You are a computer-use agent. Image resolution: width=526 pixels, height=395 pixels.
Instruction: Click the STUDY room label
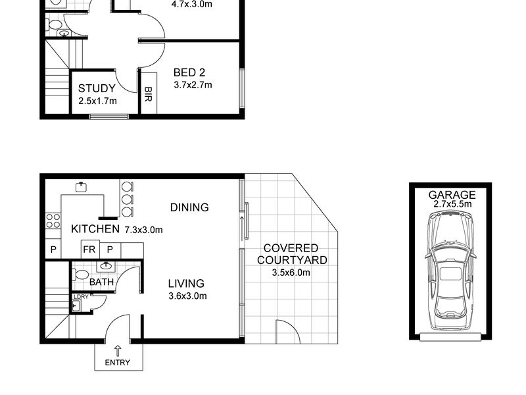(x=97, y=88)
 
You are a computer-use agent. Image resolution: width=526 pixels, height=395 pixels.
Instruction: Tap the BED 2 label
(x=189, y=72)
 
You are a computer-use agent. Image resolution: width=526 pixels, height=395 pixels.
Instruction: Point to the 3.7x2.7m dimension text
(x=193, y=85)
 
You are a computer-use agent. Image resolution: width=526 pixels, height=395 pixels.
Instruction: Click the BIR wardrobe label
(x=149, y=94)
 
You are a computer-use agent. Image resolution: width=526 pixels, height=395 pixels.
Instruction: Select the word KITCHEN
(x=95, y=229)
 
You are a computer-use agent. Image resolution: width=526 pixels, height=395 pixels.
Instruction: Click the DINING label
(x=189, y=207)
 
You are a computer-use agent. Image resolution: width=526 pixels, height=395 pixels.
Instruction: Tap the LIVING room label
(x=186, y=284)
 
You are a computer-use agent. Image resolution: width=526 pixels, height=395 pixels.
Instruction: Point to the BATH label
(x=101, y=282)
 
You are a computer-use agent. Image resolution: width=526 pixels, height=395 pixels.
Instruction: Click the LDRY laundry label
(x=81, y=297)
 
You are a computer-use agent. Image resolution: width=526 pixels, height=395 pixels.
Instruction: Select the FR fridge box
(x=90, y=250)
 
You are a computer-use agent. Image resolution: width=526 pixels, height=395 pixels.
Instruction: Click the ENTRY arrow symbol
(x=118, y=351)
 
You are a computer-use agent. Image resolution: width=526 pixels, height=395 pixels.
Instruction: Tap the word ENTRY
(x=118, y=363)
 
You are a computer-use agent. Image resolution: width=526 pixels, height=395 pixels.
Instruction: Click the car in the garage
(x=450, y=270)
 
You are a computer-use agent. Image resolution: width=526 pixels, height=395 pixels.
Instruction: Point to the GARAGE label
(x=452, y=195)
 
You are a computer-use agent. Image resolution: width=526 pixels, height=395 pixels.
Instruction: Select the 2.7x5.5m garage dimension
(x=452, y=204)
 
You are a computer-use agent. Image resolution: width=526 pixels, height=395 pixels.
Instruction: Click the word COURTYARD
(x=292, y=260)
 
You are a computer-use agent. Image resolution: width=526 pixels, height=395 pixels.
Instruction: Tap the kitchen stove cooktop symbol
(x=53, y=221)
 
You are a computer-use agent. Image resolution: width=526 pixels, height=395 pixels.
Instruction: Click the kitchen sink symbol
(x=82, y=187)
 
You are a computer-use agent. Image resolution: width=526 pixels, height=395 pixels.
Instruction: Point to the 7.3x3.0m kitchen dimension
(x=143, y=230)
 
